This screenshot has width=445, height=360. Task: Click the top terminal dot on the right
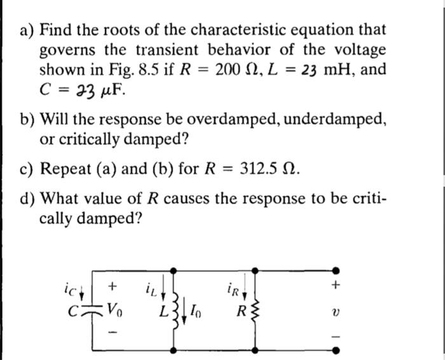tap(335, 271)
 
